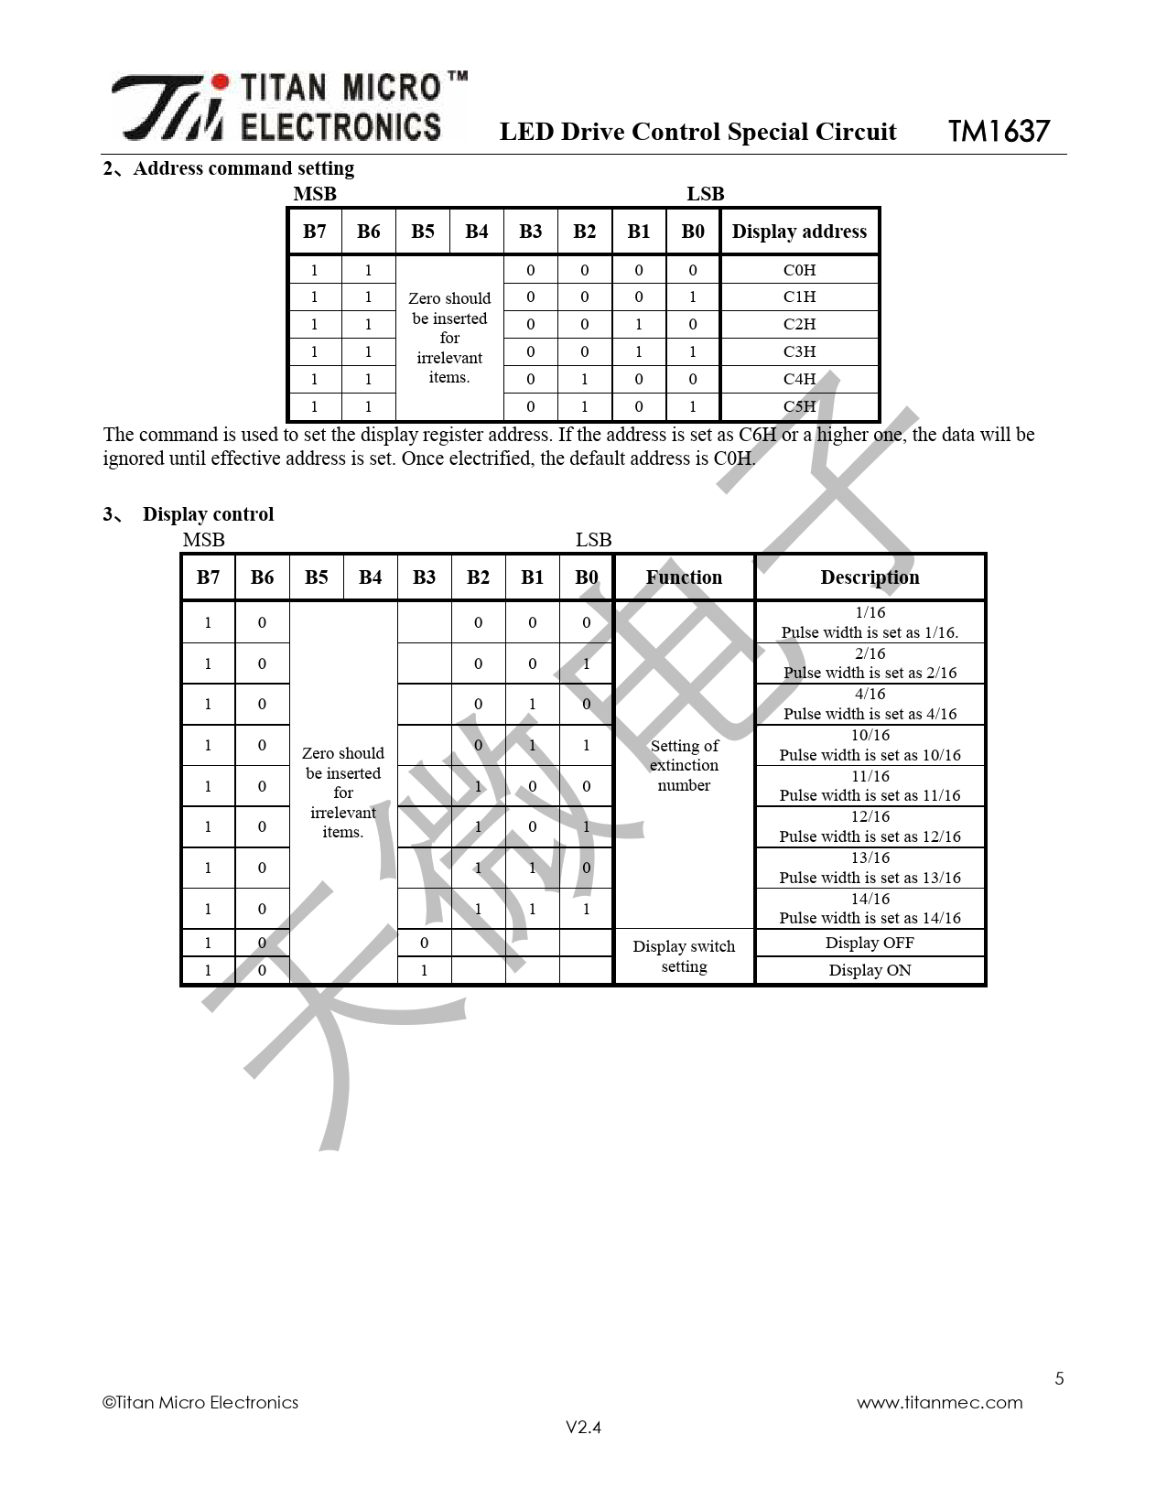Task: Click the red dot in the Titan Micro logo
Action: pyautogui.click(x=221, y=82)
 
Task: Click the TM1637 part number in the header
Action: pyautogui.click(x=999, y=131)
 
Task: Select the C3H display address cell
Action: pyautogui.click(x=799, y=351)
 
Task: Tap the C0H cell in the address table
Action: pyautogui.click(x=799, y=270)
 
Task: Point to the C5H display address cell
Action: pyautogui.click(x=799, y=406)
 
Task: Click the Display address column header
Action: pyautogui.click(x=799, y=232)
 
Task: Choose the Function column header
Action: pyautogui.click(x=684, y=577)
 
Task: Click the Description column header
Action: pyautogui.click(x=870, y=577)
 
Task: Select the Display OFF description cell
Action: pyautogui.click(x=870, y=943)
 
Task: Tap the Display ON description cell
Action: pyautogui.click(x=870, y=970)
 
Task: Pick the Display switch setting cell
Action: pyautogui.click(x=684, y=956)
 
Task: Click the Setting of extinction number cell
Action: pyautogui.click(x=684, y=765)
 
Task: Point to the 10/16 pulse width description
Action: pyautogui.click(x=870, y=745)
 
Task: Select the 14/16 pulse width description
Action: pyautogui.click(x=870, y=909)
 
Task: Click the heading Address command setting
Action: pyautogui.click(x=243, y=169)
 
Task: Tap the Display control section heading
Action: pyautogui.click(x=208, y=514)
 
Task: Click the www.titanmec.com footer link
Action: pyautogui.click(x=940, y=1402)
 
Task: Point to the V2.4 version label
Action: pyautogui.click(x=583, y=1428)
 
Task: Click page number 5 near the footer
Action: pyautogui.click(x=1059, y=1378)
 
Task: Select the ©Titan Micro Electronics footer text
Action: pyautogui.click(x=200, y=1402)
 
